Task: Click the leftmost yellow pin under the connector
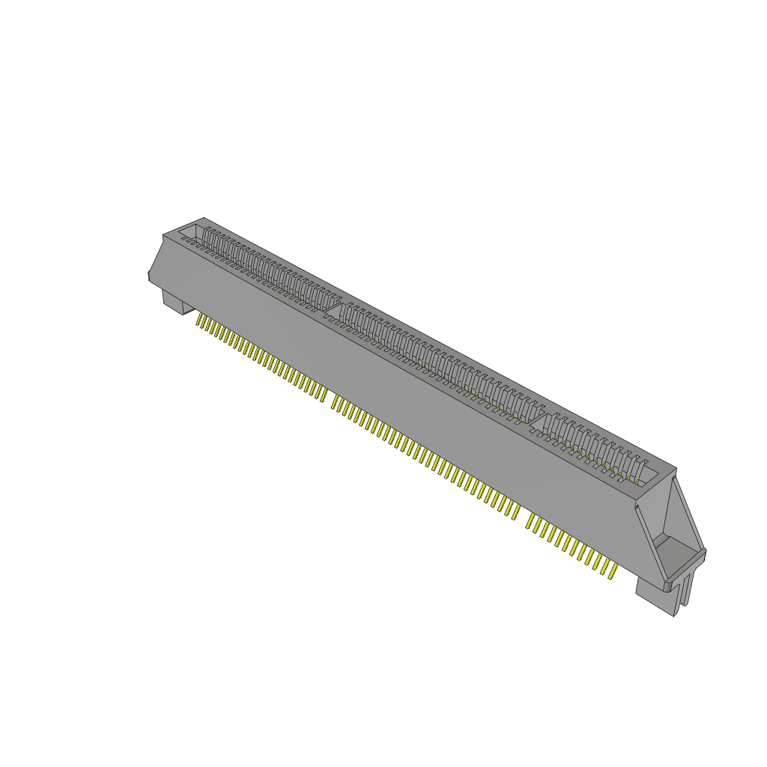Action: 199,321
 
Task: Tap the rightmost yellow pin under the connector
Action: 613,572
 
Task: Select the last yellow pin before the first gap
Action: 322,394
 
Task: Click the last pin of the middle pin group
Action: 515,512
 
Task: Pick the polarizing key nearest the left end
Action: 336,307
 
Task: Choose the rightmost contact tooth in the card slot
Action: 641,464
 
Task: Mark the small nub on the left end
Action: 150,277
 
